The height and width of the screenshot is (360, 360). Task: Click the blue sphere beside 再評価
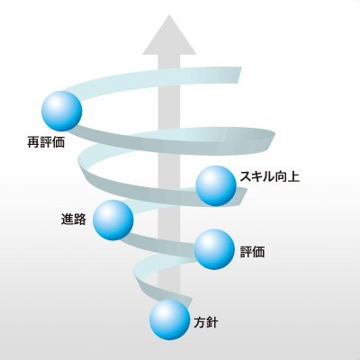click(x=62, y=111)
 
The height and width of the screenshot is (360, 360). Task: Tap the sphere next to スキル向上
click(x=216, y=185)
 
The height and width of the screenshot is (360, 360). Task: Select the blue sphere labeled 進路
click(x=113, y=220)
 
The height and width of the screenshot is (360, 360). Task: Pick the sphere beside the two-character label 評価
click(x=214, y=249)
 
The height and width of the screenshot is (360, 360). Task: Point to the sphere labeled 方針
click(x=170, y=319)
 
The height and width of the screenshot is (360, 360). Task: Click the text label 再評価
click(x=46, y=142)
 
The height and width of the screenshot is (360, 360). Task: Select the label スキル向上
click(x=269, y=176)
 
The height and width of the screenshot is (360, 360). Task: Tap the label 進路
click(x=74, y=219)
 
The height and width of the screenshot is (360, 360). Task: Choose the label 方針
click(x=206, y=322)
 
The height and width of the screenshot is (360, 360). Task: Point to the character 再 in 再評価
click(x=33, y=142)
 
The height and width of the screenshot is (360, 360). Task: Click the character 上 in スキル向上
click(x=293, y=176)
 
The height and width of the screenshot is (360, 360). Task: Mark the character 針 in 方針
click(x=212, y=322)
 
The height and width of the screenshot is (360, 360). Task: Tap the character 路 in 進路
click(x=80, y=219)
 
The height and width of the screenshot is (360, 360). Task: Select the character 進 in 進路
click(x=67, y=219)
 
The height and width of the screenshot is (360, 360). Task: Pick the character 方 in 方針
click(x=200, y=322)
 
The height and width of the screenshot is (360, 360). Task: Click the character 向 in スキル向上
click(x=282, y=176)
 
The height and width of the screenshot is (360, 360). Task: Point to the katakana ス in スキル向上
click(x=246, y=176)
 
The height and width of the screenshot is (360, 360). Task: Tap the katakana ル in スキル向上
click(x=269, y=176)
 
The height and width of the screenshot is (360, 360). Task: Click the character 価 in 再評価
click(x=58, y=142)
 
